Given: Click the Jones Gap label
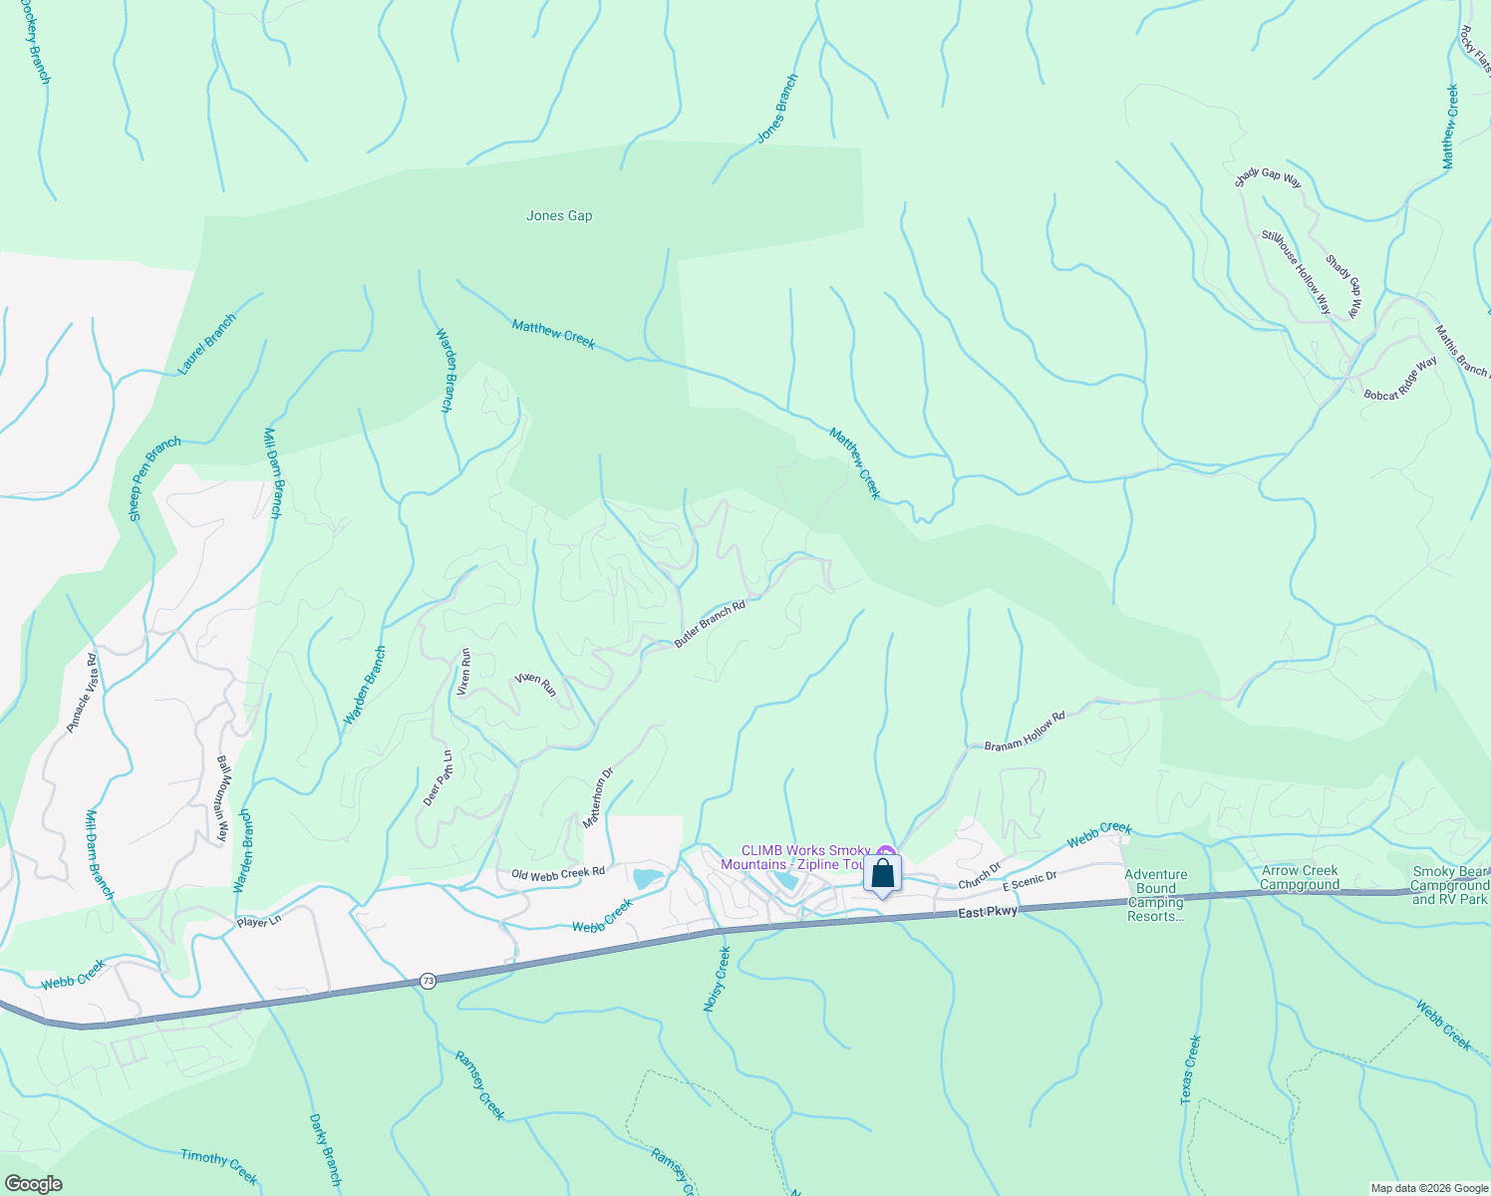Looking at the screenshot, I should point(559,215).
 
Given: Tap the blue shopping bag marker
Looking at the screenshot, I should point(883,874).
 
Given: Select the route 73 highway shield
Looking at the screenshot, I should point(428,981).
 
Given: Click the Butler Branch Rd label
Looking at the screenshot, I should point(710,625).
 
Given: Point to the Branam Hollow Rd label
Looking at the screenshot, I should point(1025,731).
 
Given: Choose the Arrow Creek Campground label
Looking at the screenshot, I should point(1300,877).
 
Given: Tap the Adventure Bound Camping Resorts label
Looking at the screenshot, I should point(1156,895).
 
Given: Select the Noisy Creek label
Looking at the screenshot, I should point(718,980).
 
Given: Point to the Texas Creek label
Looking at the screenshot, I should point(1191,1069).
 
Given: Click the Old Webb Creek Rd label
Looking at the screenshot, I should point(558,873).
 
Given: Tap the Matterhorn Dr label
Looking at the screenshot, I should point(598,797).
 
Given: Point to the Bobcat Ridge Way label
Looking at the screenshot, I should point(1400,379).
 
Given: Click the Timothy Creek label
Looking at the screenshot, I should point(219,1167).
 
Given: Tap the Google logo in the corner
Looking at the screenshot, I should point(32,1184).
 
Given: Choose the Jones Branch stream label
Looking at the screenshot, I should point(777,109).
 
